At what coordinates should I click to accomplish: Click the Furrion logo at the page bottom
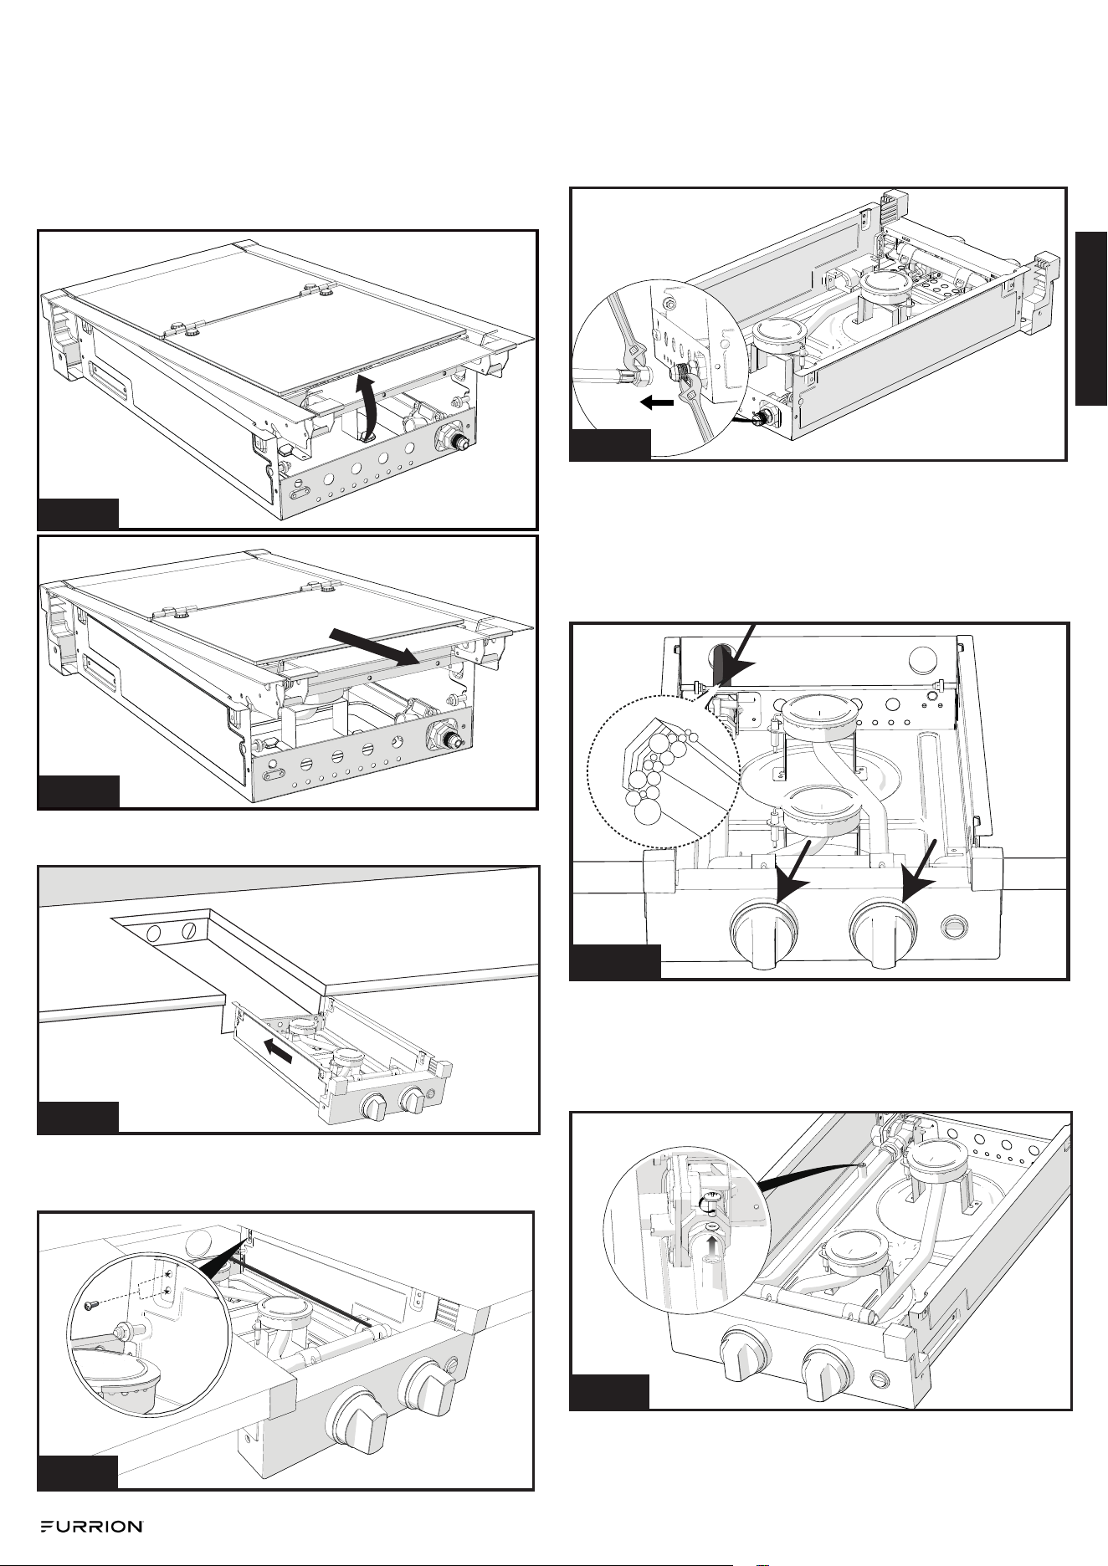point(92,1527)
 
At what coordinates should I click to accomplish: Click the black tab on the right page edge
point(1091,320)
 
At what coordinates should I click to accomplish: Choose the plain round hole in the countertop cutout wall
point(153,933)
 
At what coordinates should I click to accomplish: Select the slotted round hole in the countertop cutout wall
point(189,929)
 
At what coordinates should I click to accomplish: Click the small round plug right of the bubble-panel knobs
point(952,926)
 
